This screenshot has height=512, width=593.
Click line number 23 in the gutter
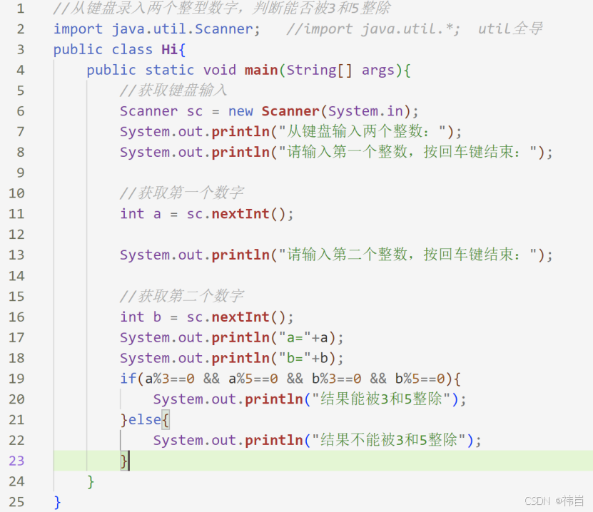point(16,461)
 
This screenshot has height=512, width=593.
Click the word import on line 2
point(78,29)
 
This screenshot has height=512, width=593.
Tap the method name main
point(261,70)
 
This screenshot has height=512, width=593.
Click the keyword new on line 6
point(240,111)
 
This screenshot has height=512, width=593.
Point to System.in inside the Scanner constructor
point(365,111)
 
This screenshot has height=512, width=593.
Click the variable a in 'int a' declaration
point(157,214)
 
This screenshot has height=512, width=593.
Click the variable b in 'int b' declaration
point(157,317)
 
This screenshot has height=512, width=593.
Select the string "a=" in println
point(295,338)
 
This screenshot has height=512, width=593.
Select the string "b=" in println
point(295,358)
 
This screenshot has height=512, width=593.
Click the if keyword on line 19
point(128,379)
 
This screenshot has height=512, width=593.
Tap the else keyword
point(145,420)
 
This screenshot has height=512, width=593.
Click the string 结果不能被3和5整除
point(390,441)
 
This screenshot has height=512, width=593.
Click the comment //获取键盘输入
point(173,91)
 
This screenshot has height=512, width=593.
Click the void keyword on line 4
point(219,70)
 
